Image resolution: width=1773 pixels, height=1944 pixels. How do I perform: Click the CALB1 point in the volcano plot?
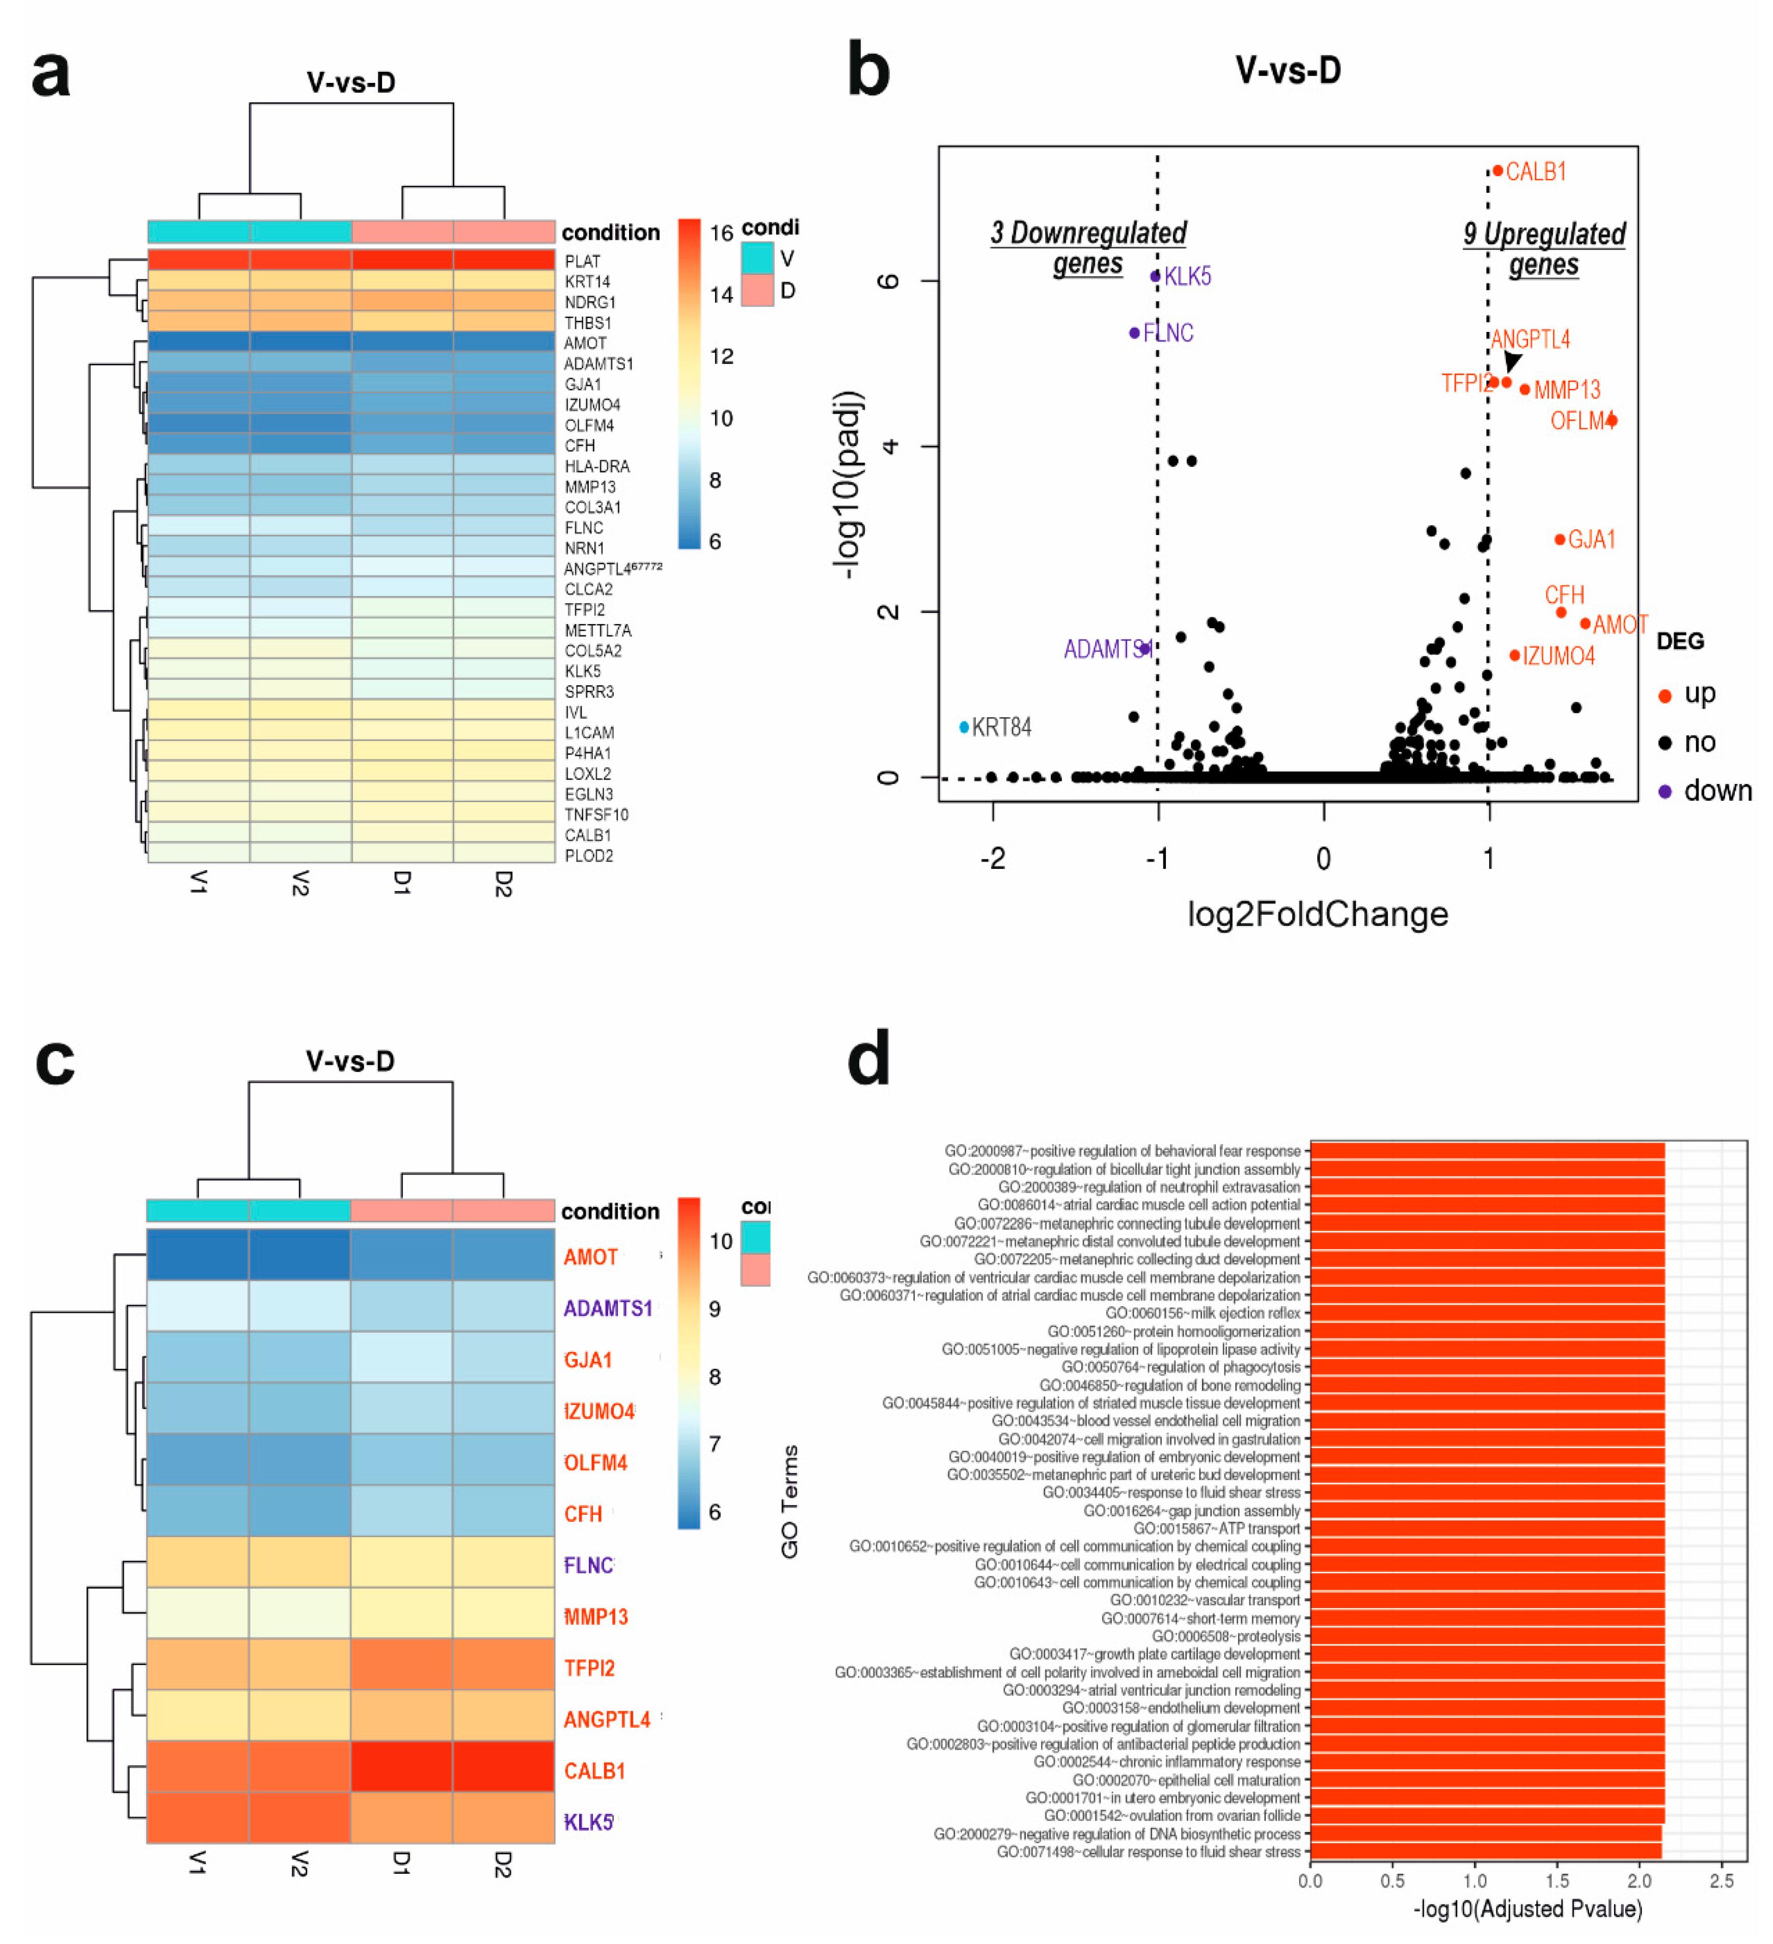[x=1497, y=171]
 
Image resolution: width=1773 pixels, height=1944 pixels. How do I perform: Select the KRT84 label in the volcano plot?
[x=1001, y=727]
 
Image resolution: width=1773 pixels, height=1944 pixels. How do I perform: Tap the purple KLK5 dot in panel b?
[x=1155, y=277]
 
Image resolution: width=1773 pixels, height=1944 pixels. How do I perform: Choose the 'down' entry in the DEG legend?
[x=1717, y=791]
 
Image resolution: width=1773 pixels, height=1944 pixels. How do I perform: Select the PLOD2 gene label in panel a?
[x=588, y=855]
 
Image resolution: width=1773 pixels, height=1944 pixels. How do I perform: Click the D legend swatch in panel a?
[x=757, y=290]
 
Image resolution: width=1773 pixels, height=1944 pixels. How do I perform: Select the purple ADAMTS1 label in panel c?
[x=608, y=1309]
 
